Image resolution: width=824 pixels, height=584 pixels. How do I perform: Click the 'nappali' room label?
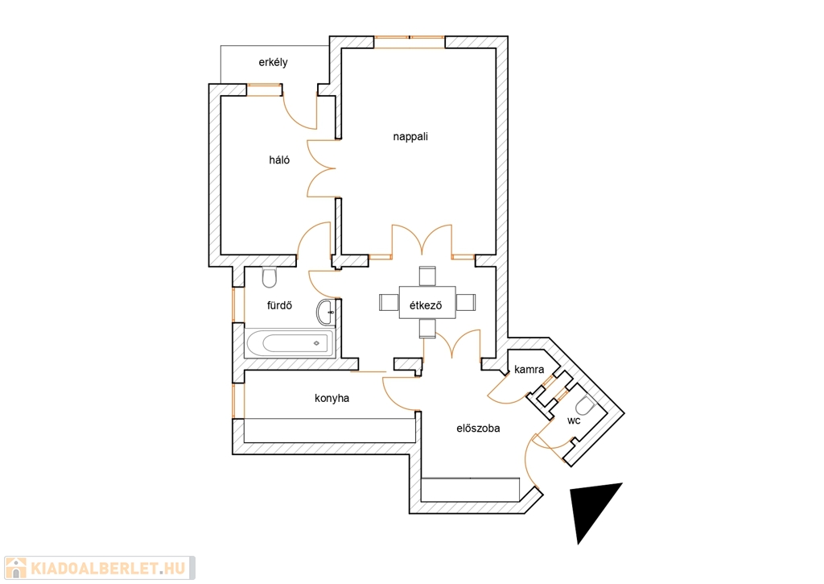pos(410,136)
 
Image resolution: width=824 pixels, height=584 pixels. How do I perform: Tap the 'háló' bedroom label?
pos(279,159)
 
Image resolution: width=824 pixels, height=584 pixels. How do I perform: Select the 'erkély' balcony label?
pos(273,62)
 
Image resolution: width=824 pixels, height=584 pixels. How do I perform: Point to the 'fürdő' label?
pos(278,305)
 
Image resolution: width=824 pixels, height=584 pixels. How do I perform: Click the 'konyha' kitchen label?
pos(332,398)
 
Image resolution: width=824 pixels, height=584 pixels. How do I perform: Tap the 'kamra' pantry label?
pos(529,370)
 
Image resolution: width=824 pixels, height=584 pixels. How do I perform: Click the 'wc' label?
pos(574,420)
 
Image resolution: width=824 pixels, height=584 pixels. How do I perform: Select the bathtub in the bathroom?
pos(289,343)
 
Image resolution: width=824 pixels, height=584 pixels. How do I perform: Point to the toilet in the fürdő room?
pos(270,278)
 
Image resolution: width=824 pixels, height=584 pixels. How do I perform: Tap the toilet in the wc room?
pos(585,405)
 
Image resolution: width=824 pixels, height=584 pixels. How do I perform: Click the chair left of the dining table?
pos(389,303)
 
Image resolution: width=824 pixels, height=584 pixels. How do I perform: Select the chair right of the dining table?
pos(465,303)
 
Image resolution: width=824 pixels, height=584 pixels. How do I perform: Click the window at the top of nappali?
pos(410,40)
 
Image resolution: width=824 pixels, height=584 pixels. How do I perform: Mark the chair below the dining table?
pos(426,328)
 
